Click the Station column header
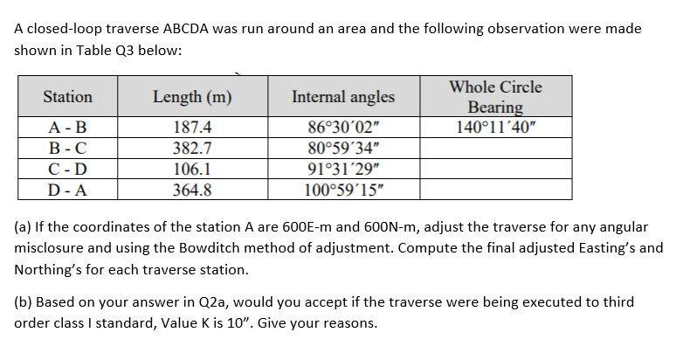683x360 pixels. click(67, 96)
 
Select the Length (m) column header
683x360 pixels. click(192, 96)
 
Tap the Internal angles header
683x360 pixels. click(343, 96)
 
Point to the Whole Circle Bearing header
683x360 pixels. click(495, 96)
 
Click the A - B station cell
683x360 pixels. click(67, 127)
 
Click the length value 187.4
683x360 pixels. click(192, 127)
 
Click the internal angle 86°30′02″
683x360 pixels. click(343, 127)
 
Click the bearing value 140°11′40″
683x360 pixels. click(495, 127)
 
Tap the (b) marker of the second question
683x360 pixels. click(24, 301)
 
